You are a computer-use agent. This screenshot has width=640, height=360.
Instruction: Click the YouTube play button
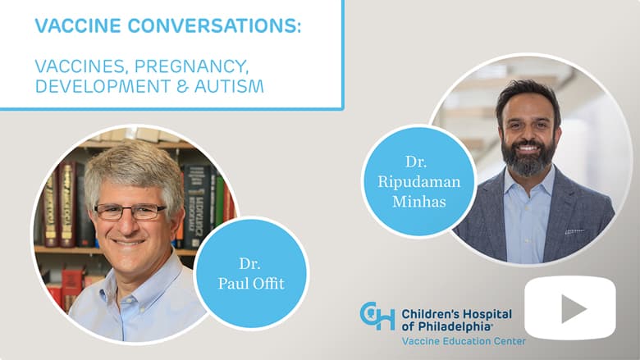click(x=569, y=308)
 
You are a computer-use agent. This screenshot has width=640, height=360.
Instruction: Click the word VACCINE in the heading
click(x=78, y=25)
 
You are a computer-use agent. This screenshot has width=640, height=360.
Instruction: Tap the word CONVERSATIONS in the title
click(x=214, y=25)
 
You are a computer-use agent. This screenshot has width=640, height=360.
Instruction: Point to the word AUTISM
click(x=229, y=86)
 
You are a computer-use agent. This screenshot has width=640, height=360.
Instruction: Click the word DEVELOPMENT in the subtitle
click(x=103, y=86)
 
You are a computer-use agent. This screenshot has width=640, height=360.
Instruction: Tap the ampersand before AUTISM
click(x=182, y=86)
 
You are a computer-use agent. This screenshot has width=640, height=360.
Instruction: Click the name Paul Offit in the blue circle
click(x=250, y=284)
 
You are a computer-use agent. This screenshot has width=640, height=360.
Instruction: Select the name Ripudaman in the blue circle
click(x=418, y=182)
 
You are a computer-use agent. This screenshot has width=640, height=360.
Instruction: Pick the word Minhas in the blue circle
click(x=418, y=201)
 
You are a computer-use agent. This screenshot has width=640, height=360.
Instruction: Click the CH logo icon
click(x=377, y=316)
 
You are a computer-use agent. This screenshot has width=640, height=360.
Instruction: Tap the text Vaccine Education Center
click(x=464, y=341)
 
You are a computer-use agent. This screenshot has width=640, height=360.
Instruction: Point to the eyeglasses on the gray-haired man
click(x=130, y=212)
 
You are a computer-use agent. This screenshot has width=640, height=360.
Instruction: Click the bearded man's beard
click(x=528, y=158)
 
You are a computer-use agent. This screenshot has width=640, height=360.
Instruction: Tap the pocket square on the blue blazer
click(x=575, y=232)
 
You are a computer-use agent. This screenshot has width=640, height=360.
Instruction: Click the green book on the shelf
click(x=220, y=200)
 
